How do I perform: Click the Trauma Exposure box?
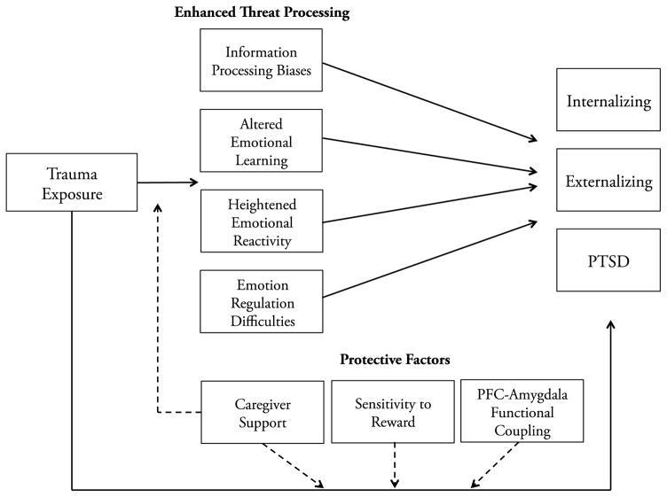(x=72, y=182)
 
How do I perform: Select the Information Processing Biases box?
(x=261, y=60)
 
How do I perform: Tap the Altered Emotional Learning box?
(x=261, y=141)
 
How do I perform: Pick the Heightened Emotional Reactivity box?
(x=262, y=221)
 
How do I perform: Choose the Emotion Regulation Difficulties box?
(x=262, y=301)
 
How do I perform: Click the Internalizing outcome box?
(x=608, y=100)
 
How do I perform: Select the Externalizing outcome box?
(x=608, y=180)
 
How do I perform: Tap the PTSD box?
(x=608, y=260)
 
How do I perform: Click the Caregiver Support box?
(x=263, y=412)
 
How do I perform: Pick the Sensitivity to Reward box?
(x=393, y=412)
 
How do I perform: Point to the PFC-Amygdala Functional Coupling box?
(x=522, y=411)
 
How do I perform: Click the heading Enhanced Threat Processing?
(x=262, y=12)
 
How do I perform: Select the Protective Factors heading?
(x=395, y=360)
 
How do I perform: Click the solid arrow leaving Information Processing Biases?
(x=429, y=102)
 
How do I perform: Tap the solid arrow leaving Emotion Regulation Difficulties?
(x=429, y=259)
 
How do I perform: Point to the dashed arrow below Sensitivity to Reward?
(x=395, y=465)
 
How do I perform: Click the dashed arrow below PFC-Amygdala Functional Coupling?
(x=495, y=465)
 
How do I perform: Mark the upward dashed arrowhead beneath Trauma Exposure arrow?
(x=158, y=207)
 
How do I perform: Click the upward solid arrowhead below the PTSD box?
(x=611, y=325)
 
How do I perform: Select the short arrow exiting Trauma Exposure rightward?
(x=168, y=182)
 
